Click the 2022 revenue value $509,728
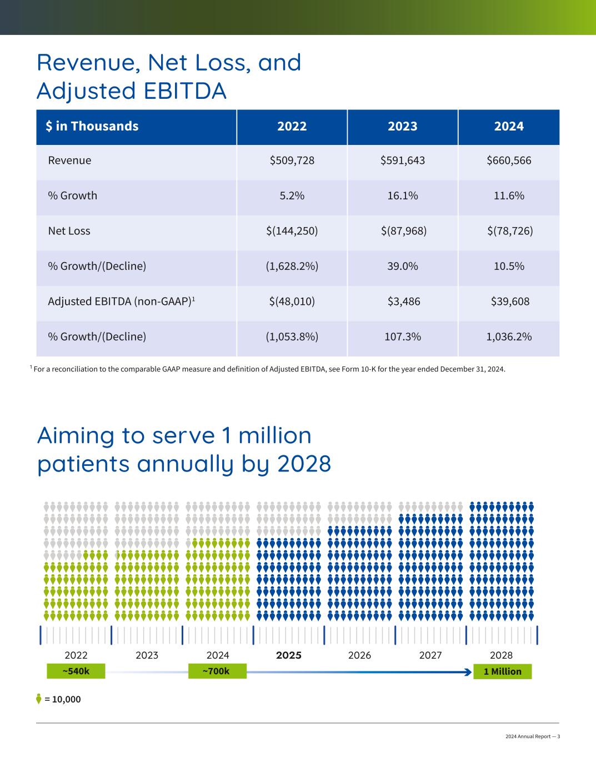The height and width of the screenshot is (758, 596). [292, 160]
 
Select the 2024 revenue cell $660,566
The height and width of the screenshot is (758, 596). [509, 160]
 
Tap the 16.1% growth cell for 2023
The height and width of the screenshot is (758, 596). [402, 195]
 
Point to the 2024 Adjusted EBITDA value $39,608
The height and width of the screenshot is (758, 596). [509, 302]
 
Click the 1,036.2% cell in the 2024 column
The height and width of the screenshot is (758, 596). [509, 337]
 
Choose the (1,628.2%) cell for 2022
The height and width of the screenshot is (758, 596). [292, 266]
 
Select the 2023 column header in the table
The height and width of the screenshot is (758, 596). [402, 126]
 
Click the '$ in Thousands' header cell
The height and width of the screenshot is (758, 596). [92, 126]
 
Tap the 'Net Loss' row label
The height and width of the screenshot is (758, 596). [69, 231]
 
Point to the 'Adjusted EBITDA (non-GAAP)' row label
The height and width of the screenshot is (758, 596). [121, 302]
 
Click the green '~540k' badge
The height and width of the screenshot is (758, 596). [76, 671]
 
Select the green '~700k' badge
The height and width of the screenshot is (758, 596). [216, 671]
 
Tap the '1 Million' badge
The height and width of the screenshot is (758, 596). [502, 671]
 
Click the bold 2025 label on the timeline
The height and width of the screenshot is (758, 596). [288, 655]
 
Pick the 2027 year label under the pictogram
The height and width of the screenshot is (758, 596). [430, 655]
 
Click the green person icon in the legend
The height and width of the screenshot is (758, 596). [39, 699]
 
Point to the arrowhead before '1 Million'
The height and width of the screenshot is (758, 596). [468, 672]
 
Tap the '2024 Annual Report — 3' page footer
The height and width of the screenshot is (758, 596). [532, 736]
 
